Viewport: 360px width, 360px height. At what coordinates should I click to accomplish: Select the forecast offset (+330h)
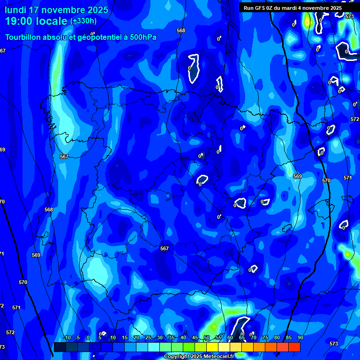83,21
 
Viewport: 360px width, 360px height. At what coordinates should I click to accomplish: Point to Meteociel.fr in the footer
218,357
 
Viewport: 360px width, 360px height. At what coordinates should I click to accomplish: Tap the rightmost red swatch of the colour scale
294,347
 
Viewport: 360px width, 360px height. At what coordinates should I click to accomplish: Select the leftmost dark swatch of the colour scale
60,347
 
